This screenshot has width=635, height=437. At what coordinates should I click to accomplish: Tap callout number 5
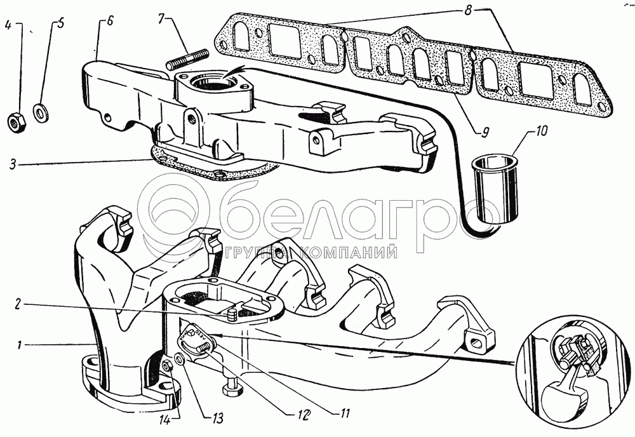[60, 24]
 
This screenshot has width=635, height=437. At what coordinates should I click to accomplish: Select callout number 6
[110, 21]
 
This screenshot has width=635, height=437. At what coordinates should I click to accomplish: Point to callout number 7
[161, 19]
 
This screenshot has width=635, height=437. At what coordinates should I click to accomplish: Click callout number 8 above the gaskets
[468, 10]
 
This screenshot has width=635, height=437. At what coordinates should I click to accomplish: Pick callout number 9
[486, 131]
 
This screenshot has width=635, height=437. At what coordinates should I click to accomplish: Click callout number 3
[13, 165]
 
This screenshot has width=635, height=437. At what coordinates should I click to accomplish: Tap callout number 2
[18, 304]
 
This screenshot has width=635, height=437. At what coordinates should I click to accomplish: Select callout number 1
[18, 346]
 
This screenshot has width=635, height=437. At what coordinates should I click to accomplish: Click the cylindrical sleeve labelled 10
[495, 188]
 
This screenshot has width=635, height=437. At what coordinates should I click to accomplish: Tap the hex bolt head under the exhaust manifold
[232, 389]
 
